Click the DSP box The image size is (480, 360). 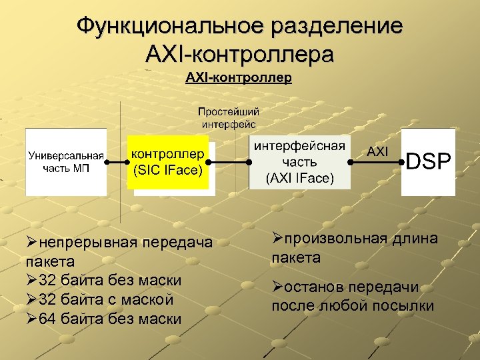click(428, 162)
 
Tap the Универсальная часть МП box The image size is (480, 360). click(66, 162)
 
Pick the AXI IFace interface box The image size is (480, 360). click(299, 162)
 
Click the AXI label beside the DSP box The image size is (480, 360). click(377, 151)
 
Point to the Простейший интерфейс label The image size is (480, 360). click(229, 117)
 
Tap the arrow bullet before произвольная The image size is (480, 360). click(277, 238)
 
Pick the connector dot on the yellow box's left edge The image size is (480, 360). click(128, 162)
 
